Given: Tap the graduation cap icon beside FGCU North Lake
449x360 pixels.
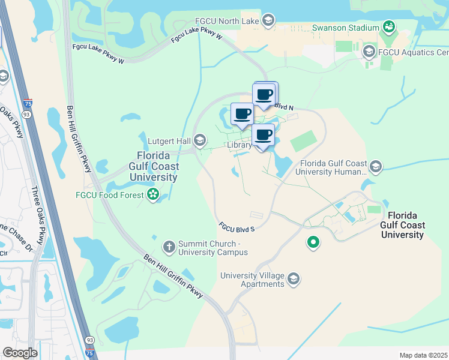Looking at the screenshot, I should click(x=268, y=20).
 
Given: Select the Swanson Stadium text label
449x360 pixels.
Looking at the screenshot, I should click(x=345, y=28).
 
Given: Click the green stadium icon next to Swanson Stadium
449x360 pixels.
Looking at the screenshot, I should click(x=388, y=27).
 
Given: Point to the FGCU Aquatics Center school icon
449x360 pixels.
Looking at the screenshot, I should click(x=369, y=52).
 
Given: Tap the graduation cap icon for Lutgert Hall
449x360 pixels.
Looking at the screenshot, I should click(x=200, y=141).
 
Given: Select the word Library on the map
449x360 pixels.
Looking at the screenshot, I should click(x=239, y=145).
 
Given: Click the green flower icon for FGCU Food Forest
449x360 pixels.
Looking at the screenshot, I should click(x=153, y=194).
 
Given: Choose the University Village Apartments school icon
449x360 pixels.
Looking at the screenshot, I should click(x=294, y=279).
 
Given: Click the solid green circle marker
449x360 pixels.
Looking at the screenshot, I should click(x=313, y=242).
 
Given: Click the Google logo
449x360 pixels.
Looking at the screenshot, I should click(x=19, y=353).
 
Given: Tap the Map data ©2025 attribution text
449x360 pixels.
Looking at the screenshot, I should click(x=423, y=355).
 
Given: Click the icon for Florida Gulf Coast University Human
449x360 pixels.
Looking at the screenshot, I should click(x=376, y=166).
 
